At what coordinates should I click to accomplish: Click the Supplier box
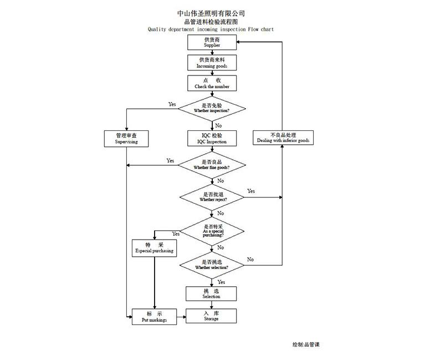pos(212,42)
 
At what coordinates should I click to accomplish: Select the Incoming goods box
pos(212,62)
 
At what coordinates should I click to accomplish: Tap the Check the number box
pos(212,83)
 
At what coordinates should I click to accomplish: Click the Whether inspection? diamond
pos(212,108)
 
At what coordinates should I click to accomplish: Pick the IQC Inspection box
pos(212,138)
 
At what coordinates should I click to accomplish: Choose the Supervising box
pos(126,138)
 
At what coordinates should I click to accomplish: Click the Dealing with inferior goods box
pos(283,138)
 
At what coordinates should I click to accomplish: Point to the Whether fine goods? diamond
pos(212,164)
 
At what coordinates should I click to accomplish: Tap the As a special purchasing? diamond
pos(213,230)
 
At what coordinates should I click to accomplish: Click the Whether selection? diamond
pos(212,264)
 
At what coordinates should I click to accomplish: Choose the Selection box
pos(211,293)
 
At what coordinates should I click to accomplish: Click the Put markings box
pos(154,317)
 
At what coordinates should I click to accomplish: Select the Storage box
pos(211,316)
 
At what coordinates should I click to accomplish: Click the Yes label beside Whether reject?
pos(251,191)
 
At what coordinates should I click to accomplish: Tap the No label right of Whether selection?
pos(250,259)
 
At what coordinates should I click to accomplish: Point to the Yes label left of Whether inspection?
pos(172,104)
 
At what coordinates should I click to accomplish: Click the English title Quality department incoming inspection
pos(211,29)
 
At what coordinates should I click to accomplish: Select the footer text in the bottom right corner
pos(306,344)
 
